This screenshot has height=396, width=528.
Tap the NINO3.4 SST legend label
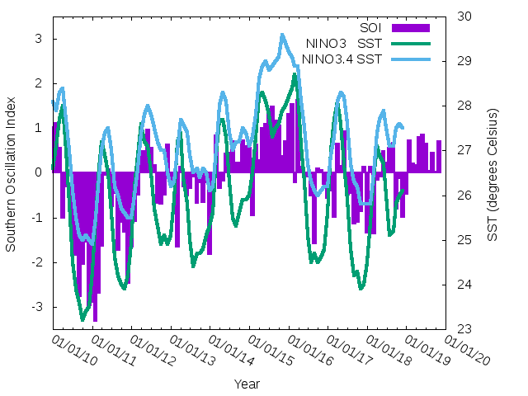coord(342,59)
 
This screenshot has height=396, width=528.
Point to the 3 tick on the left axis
coord(39,39)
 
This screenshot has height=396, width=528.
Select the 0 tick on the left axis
coord(39,172)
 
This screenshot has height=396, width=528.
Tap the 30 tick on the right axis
coord(464,16)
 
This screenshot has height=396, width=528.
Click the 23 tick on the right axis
coord(464,329)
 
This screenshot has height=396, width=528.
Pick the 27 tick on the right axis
coord(464,150)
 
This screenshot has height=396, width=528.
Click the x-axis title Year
coord(247,384)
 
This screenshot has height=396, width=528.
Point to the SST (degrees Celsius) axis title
coord(492,172)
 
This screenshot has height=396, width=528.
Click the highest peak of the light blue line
coord(282,35)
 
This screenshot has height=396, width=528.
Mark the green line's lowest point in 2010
coord(82,318)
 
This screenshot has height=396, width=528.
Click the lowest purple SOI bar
coord(95,320)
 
